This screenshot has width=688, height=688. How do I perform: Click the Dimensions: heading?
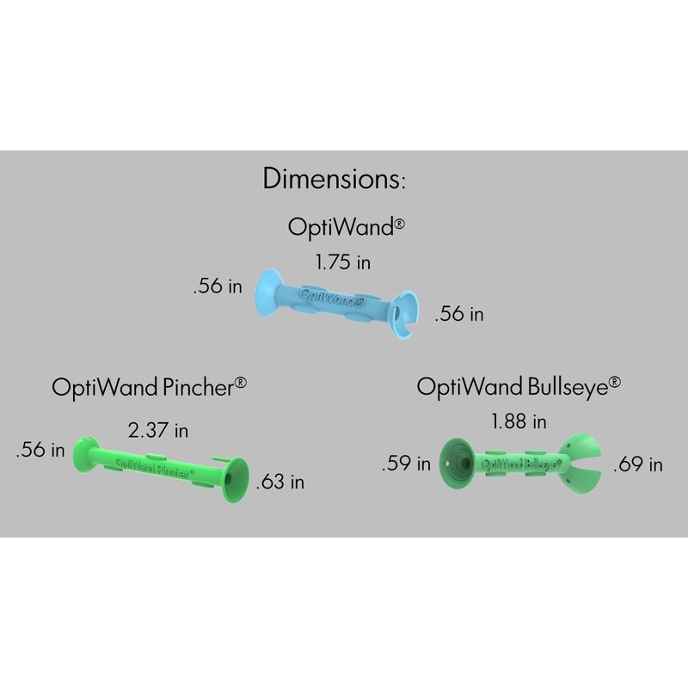coord(334,180)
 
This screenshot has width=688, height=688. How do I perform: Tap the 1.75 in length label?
coord(343,262)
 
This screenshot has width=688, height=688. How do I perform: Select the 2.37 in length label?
coord(157,428)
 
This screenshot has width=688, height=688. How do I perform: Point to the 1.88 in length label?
coord(519,421)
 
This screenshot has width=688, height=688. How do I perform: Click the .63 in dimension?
coord(279,482)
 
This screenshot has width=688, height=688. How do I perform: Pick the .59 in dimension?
coord(406,464)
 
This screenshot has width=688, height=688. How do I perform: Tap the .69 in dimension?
coord(637,464)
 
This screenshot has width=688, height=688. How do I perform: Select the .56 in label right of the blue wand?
coord(459,315)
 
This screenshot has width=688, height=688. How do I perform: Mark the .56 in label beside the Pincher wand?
coord(40,449)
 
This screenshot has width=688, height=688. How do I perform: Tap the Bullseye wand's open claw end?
coord(585,465)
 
